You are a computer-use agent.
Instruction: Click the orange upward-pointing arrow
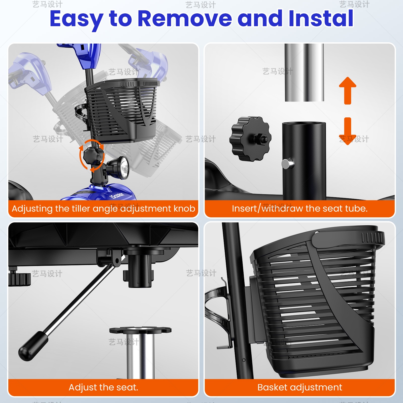[348, 91]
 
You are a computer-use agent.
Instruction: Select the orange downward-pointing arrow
[348, 131]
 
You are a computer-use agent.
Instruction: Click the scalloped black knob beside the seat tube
[250, 139]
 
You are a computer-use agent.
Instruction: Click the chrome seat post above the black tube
[304, 73]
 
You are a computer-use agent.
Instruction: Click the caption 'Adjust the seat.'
[104, 387]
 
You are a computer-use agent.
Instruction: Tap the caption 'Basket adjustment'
[300, 387]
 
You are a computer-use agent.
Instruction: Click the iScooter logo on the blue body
[117, 195]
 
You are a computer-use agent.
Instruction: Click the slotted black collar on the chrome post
[140, 330]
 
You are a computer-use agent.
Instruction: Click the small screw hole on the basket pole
[244, 360]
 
